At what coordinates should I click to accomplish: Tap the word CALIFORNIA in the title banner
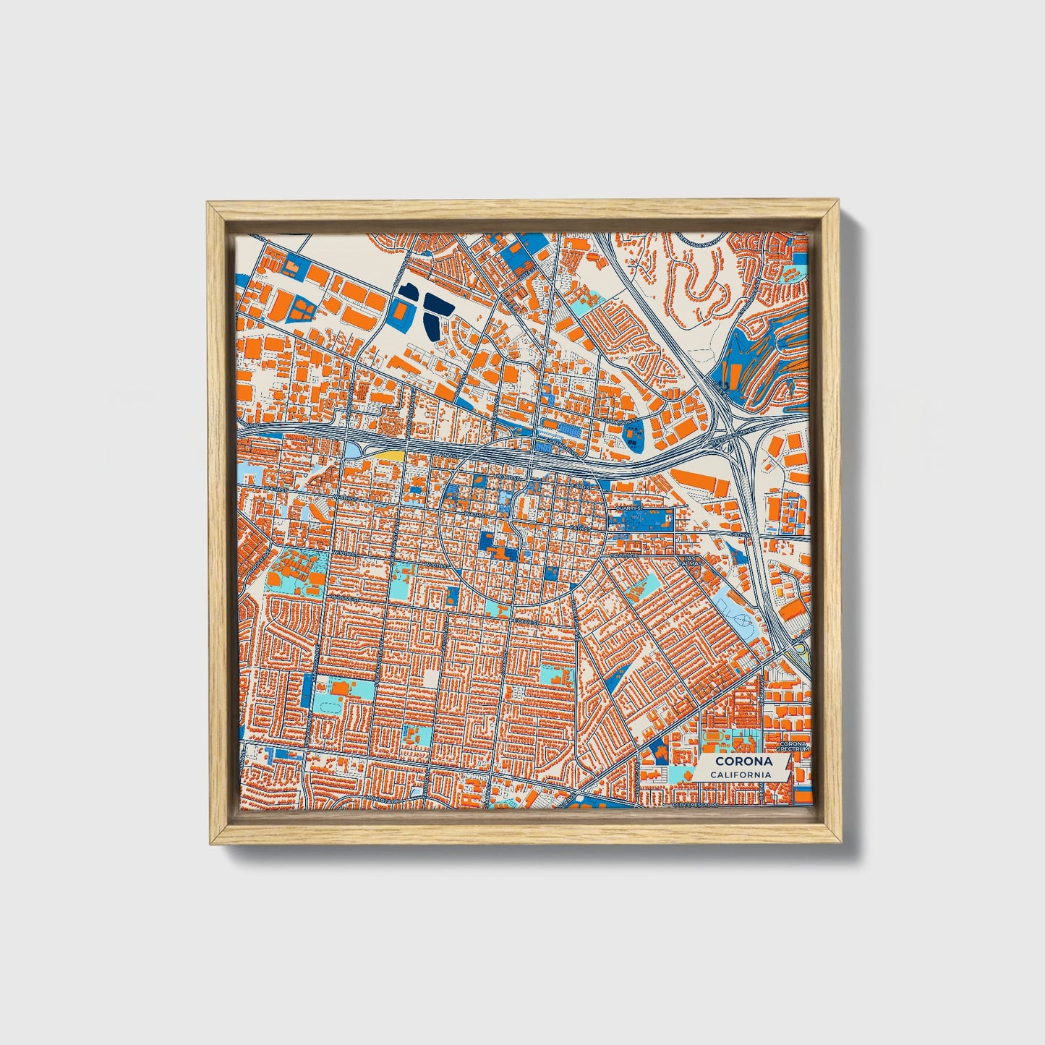(x=740, y=775)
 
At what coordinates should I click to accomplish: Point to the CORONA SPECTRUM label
(x=793, y=746)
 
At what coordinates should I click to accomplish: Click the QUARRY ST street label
(x=627, y=508)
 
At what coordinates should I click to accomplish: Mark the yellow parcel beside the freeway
(x=388, y=455)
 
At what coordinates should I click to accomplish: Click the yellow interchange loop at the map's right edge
(x=801, y=654)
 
